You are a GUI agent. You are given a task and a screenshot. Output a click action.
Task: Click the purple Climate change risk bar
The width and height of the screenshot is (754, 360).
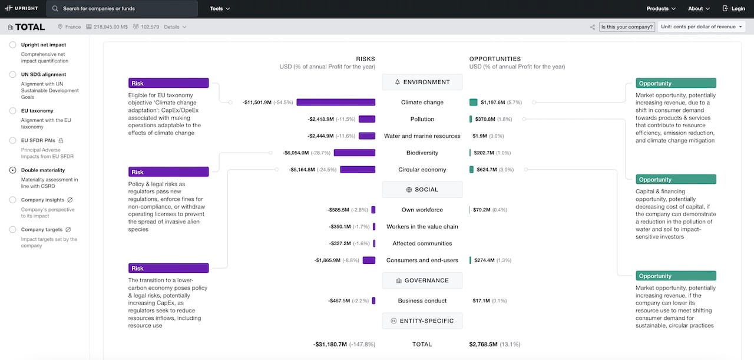pos(335,103)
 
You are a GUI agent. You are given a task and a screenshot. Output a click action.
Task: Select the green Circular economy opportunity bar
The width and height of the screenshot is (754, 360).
pos(471,170)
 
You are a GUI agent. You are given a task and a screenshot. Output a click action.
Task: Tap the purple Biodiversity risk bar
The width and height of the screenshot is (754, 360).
pos(354,153)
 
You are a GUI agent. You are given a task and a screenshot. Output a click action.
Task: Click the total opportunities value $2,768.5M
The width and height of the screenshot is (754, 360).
pos(484,344)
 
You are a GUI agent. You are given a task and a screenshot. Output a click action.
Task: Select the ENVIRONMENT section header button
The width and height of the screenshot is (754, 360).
pos(422,82)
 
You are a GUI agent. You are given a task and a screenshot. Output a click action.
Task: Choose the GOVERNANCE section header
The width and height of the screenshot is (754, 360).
pos(422,280)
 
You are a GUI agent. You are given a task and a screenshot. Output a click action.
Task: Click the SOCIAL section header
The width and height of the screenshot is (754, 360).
pos(422,190)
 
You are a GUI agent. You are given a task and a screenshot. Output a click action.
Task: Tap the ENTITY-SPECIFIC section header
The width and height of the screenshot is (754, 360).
pos(422,321)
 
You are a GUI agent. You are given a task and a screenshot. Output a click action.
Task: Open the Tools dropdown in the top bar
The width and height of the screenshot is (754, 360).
pos(220,9)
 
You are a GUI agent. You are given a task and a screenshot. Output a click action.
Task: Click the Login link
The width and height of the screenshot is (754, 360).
pos(733,9)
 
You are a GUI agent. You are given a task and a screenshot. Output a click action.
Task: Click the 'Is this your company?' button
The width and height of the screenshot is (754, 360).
pos(627,27)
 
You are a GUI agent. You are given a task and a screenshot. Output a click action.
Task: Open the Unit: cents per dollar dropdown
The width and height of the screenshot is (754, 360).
pos(702,27)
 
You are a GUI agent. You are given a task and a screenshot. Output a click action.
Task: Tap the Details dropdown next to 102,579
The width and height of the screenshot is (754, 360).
pos(175,27)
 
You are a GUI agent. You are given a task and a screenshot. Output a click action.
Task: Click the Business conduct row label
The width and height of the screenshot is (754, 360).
pos(422,301)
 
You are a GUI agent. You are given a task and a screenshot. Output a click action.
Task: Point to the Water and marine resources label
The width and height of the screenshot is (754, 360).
pos(422,136)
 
